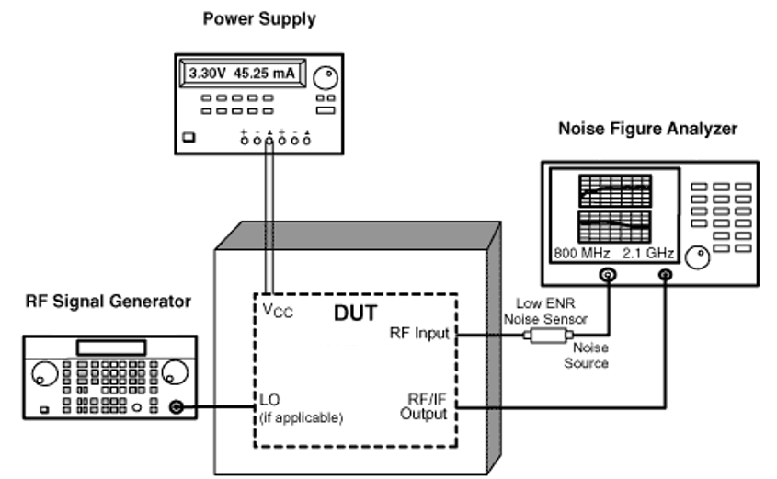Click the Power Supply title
[x=259, y=19]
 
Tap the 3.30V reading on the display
[x=207, y=74]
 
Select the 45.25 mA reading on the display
[x=264, y=74]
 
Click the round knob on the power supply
[x=326, y=77]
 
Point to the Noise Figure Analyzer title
[x=647, y=129]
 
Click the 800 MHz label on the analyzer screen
[x=582, y=253]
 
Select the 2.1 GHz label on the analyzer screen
[x=648, y=253]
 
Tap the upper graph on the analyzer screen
[x=615, y=190]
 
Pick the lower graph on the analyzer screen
[x=614, y=226]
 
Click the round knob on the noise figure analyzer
[x=697, y=257]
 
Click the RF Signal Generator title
[x=108, y=302]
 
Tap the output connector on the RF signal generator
[x=176, y=407]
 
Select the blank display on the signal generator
[x=111, y=348]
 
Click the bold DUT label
[x=355, y=314]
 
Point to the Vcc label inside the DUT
[x=278, y=311]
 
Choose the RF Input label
[x=419, y=334]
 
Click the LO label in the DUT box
[x=269, y=399]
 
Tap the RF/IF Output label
[x=424, y=406]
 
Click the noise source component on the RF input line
[x=548, y=336]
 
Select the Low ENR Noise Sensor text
[x=545, y=311]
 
